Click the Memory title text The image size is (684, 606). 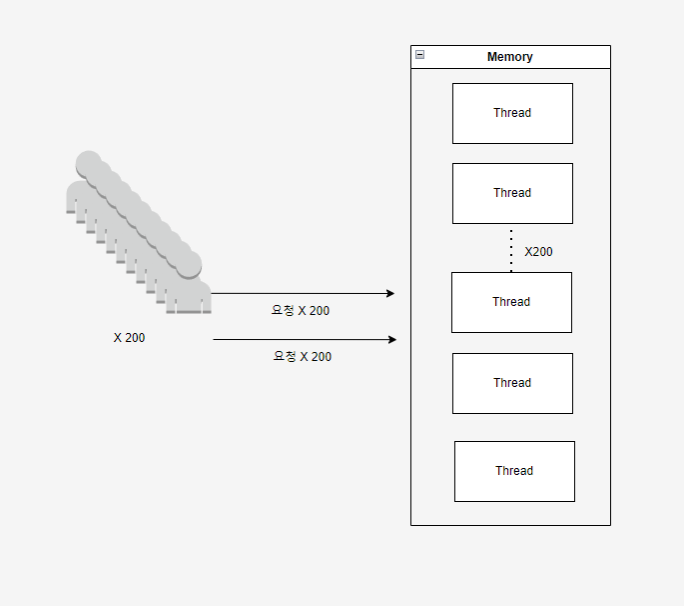click(x=509, y=57)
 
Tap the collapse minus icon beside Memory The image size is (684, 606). click(x=419, y=55)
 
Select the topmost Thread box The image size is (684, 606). click(x=512, y=113)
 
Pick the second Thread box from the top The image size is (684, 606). click(x=512, y=193)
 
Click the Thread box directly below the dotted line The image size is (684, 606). click(x=511, y=302)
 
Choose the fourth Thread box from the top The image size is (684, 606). click(x=512, y=383)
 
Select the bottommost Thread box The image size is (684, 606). click(x=514, y=471)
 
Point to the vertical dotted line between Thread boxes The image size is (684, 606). click(x=511, y=250)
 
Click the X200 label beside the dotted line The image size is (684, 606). click(x=538, y=252)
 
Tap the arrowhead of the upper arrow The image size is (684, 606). click(x=391, y=293)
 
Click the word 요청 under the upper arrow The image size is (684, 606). click(x=283, y=311)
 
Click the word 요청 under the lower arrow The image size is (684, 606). click(x=285, y=357)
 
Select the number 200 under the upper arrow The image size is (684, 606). click(x=319, y=311)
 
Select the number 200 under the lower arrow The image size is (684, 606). click(x=322, y=357)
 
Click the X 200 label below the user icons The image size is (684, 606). click(x=129, y=338)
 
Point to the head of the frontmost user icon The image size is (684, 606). click(x=189, y=264)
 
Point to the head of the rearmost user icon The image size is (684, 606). click(x=88, y=163)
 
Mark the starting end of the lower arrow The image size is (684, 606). click(x=215, y=340)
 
